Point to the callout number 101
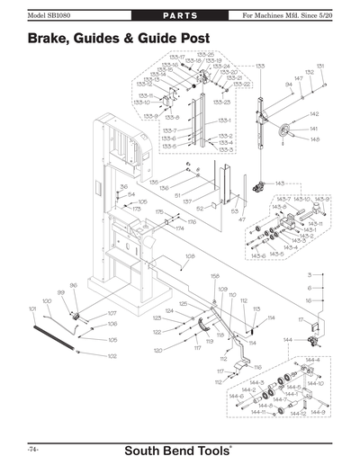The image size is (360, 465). click(33, 309)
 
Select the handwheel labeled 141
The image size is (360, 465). click(284, 128)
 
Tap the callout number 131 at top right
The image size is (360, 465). click(321, 66)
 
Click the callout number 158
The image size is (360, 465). click(215, 275)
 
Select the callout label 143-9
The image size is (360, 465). click(322, 198)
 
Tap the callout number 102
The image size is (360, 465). click(112, 356)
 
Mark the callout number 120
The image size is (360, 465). click(157, 350)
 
